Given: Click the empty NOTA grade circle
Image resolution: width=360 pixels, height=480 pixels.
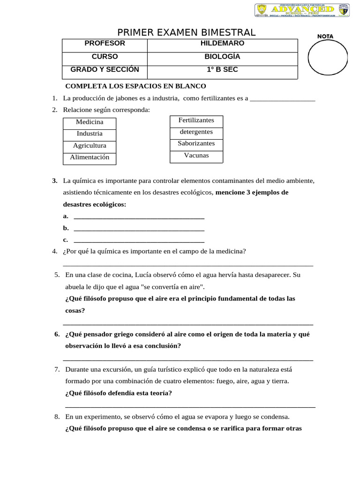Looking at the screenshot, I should (328, 60).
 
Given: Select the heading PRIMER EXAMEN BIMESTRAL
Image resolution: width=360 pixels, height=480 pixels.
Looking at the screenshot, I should (186, 32).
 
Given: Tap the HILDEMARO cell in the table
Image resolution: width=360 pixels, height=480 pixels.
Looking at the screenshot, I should (222, 44).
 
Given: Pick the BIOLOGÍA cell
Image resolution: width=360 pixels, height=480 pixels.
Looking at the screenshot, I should (222, 57).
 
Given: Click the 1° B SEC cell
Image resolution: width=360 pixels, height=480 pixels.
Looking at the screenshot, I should (222, 70).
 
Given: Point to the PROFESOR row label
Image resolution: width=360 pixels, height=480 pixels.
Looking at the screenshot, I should (105, 44).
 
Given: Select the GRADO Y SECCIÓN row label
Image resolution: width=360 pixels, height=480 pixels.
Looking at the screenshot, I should (105, 70).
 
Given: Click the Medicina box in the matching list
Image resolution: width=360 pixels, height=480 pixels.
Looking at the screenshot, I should (90, 122).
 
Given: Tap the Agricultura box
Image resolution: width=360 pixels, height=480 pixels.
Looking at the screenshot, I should (90, 146).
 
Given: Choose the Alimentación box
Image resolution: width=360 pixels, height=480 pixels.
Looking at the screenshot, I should (90, 157).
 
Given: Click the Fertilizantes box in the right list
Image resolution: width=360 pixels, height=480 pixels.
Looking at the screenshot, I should (196, 120).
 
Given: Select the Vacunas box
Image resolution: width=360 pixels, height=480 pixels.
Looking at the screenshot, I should (196, 156).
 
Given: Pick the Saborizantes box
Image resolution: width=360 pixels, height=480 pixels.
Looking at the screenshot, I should (196, 143).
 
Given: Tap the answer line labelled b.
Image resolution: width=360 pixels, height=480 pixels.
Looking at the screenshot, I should (139, 229).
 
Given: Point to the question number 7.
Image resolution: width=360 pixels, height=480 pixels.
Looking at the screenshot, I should (57, 370).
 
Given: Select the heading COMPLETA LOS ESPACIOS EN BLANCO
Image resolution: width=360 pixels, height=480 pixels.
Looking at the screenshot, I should (135, 86).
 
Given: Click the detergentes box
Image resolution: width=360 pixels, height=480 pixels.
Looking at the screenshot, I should (196, 132).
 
